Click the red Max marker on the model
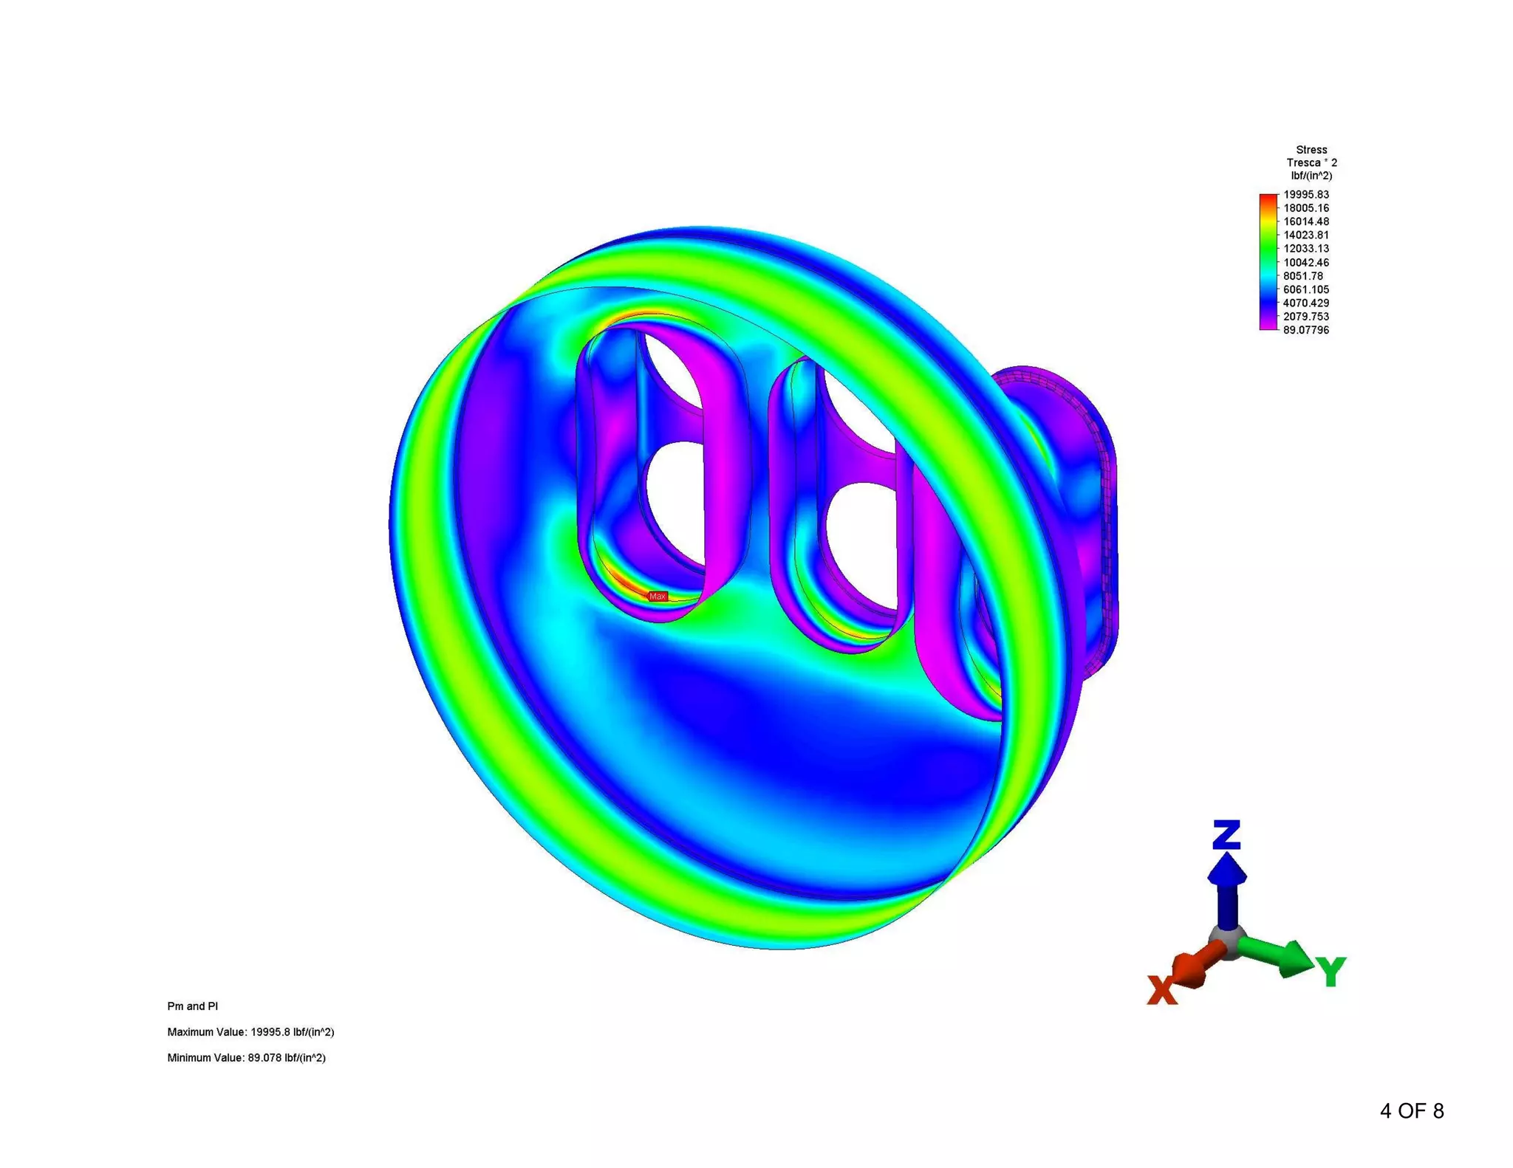pyautogui.click(x=657, y=596)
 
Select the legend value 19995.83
pyautogui.click(x=1305, y=195)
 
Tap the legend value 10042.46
pyautogui.click(x=1305, y=262)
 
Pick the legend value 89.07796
pyautogui.click(x=1305, y=330)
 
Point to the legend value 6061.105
pyautogui.click(x=1305, y=289)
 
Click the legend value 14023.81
pyautogui.click(x=1305, y=236)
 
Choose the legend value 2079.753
pyautogui.click(x=1305, y=317)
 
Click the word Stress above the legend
pyautogui.click(x=1311, y=150)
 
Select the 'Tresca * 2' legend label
pyautogui.click(x=1311, y=162)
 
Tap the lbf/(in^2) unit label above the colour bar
pyautogui.click(x=1311, y=176)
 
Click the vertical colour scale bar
pyautogui.click(x=1268, y=262)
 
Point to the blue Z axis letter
pyautogui.click(x=1226, y=834)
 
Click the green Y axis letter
pyautogui.click(x=1331, y=972)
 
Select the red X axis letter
pyautogui.click(x=1162, y=990)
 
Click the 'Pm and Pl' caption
pyautogui.click(x=192, y=1006)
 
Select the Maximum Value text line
pyautogui.click(x=250, y=1032)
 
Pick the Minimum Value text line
pyautogui.click(x=246, y=1058)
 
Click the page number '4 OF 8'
pyautogui.click(x=1411, y=1111)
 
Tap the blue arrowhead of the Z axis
pyautogui.click(x=1227, y=869)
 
